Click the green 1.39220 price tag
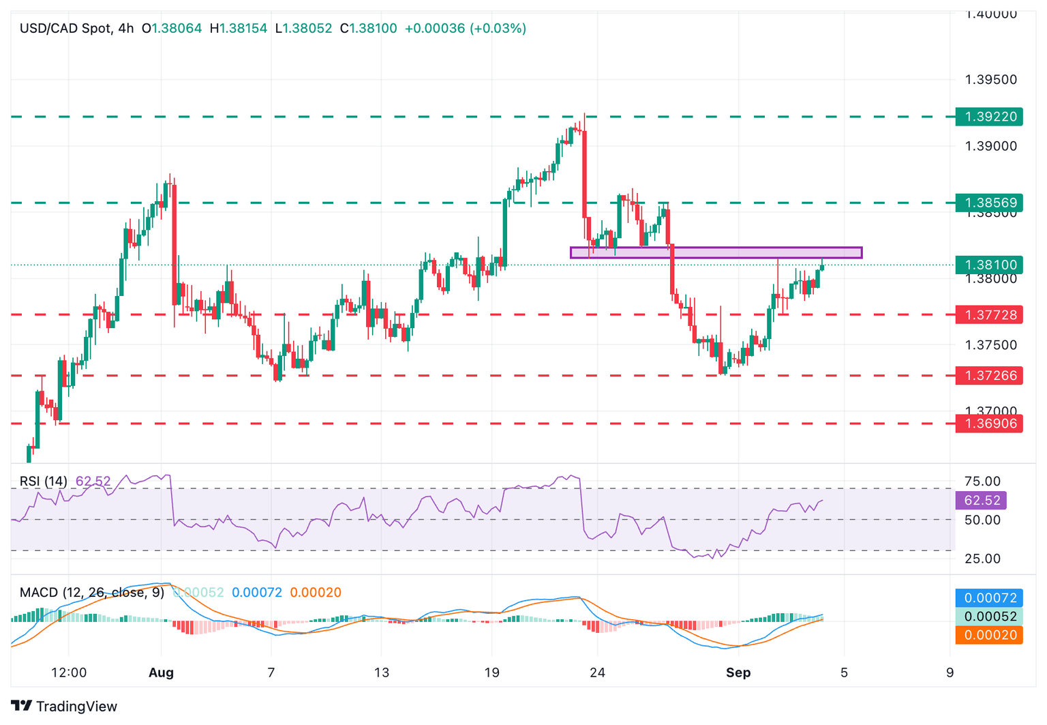pyautogui.click(x=988, y=117)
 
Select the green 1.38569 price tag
pyautogui.click(x=988, y=203)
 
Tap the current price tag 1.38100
pyautogui.click(x=988, y=265)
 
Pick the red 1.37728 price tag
pyautogui.click(x=988, y=314)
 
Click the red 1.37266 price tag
pyautogui.click(x=988, y=375)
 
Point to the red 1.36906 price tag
pyautogui.click(x=988, y=424)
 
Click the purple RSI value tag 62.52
pyautogui.click(x=981, y=500)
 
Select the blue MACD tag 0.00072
pyautogui.click(x=988, y=597)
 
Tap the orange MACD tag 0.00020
pyautogui.click(x=988, y=635)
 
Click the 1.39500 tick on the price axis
pyautogui.click(x=990, y=80)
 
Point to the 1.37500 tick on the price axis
pyautogui.click(x=990, y=345)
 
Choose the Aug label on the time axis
pyautogui.click(x=161, y=672)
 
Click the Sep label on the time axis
pyautogui.click(x=738, y=672)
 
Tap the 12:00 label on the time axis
pyautogui.click(x=69, y=672)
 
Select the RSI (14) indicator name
pyautogui.click(x=44, y=482)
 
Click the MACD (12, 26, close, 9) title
pyautogui.click(x=92, y=592)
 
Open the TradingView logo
pyautogui.click(x=64, y=706)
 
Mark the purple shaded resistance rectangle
pyautogui.click(x=716, y=252)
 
